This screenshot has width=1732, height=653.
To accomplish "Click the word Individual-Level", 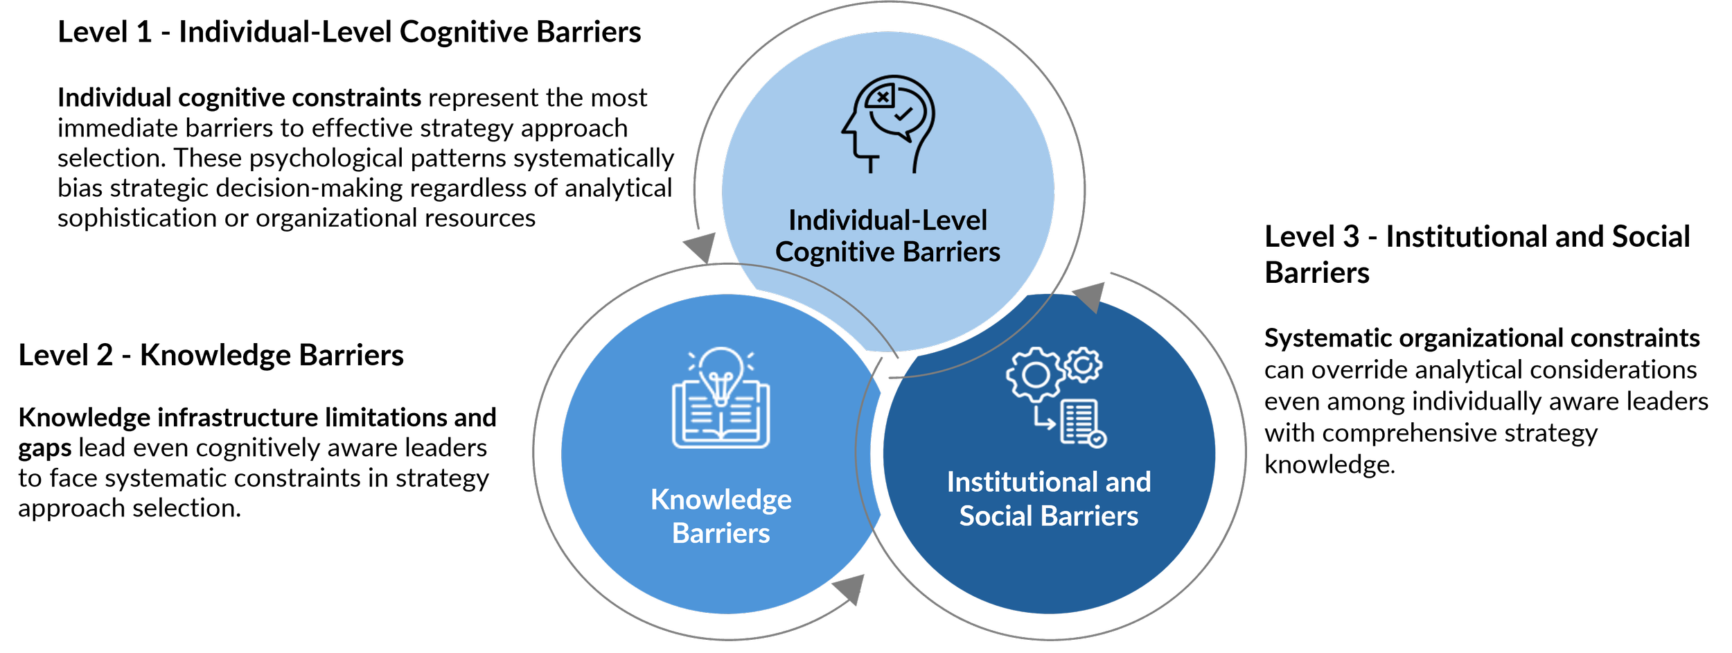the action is pos(887,220).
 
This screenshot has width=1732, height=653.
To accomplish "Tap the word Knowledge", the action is pos(721,500).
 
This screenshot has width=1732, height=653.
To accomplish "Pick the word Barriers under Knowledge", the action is pos(721,534).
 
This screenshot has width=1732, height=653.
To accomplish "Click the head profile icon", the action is pos(887,123).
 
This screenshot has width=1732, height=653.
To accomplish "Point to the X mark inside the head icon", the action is pos(882,98).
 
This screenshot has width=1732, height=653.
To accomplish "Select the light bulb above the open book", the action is pos(721,374).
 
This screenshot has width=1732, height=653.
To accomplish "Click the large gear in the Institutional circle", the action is pos(1036,375).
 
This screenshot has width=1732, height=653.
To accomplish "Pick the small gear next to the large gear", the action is pos(1084,365).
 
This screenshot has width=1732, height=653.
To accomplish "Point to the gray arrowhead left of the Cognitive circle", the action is pos(701,247).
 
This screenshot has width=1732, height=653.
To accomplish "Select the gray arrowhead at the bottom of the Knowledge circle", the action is pos(849,589).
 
